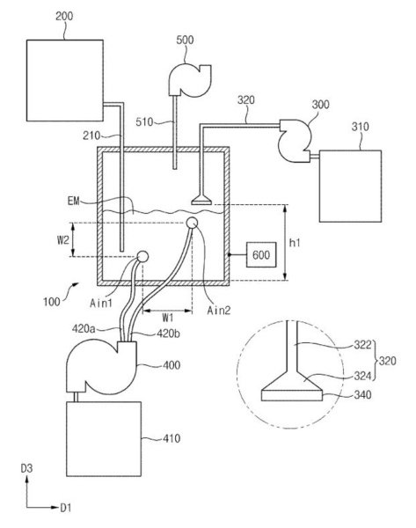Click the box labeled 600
[x=261, y=255]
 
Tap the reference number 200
[x=64, y=16]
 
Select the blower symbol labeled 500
[x=189, y=80]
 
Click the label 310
[x=360, y=127]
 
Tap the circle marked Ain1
[x=142, y=257]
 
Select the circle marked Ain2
[x=192, y=223]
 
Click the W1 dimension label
[x=168, y=318]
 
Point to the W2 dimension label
[x=63, y=240]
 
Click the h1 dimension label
[x=295, y=243]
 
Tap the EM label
[x=73, y=201]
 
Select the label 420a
[x=84, y=328]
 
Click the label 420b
[x=168, y=334]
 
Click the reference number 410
[x=172, y=438]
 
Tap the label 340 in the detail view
[x=362, y=394]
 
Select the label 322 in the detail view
[x=362, y=345]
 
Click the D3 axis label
[x=27, y=468]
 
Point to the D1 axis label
[x=66, y=508]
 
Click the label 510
[x=144, y=122]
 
